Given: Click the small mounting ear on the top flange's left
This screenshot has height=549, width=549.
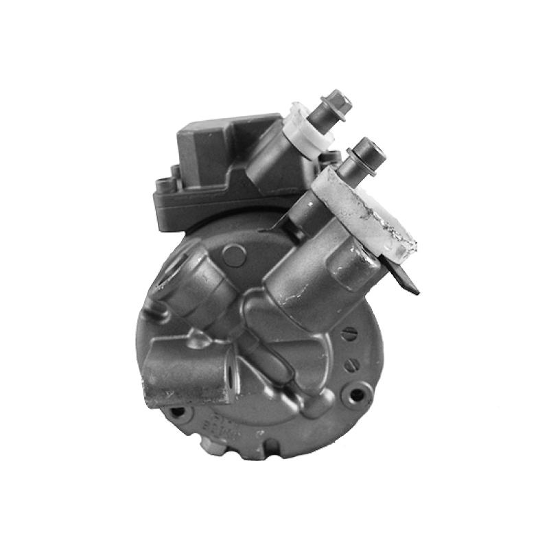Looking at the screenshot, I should coord(163,185).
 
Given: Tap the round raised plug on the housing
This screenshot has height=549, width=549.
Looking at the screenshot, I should coord(234,256).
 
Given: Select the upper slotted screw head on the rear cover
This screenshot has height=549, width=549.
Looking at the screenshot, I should coord(351,335).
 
